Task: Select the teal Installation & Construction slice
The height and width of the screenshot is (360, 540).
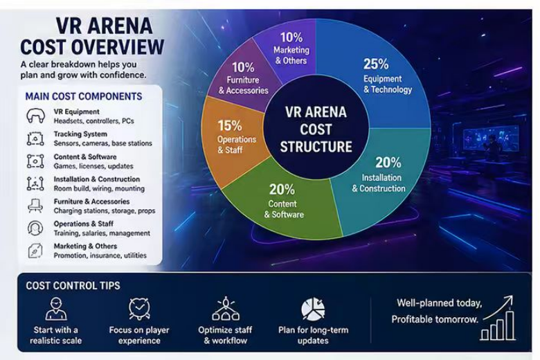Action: coord(382,179)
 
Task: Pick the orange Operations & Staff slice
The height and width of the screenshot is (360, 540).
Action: coord(233,138)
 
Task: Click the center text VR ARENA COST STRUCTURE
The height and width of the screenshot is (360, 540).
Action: coord(316,129)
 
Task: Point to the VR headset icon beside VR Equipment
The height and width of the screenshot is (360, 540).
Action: coord(35,116)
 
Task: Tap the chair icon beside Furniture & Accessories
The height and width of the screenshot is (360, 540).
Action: coord(35,206)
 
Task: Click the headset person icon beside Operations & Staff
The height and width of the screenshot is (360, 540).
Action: coord(35,228)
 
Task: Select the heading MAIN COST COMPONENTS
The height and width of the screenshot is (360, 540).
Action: coord(84,96)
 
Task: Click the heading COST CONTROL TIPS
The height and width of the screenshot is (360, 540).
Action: coord(73,286)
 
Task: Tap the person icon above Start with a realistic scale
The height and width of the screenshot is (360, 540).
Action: coord(56,309)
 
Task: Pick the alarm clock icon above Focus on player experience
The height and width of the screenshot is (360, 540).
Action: coord(139,309)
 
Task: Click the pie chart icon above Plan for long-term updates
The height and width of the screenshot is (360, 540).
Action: coord(313,309)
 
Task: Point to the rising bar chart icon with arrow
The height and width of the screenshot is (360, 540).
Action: coord(498,318)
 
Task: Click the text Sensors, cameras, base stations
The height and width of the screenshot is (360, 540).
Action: coord(102,143)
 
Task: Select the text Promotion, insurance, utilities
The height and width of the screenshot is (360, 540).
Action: coord(100,255)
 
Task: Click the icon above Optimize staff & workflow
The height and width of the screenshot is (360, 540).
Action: coord(225,309)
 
